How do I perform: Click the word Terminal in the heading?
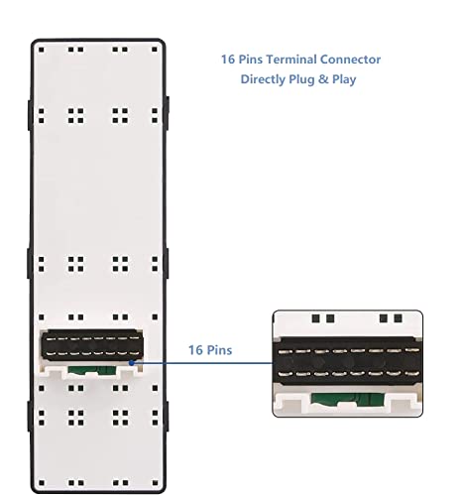coord(290,60)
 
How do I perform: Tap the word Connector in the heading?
coord(350,60)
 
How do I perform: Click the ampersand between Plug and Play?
coord(323,79)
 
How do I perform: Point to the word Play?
coord(344,79)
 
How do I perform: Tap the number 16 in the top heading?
coord(228,60)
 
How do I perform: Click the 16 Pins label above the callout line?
coord(210,350)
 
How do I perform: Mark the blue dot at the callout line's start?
coord(132,363)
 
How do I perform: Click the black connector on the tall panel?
coord(92,345)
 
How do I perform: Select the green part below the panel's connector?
coord(91,370)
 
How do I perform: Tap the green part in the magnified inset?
coord(347,399)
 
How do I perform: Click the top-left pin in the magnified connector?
coord(285,352)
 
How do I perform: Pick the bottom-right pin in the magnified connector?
coord(411,374)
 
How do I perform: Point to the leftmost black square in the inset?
coord(316,318)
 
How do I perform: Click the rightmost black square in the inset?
coord(398,318)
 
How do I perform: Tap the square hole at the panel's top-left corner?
coord(42,50)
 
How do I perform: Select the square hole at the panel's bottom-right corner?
coord(155,483)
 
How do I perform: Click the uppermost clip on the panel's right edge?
coord(167,113)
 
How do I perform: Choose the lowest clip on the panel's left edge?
coord(30,417)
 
